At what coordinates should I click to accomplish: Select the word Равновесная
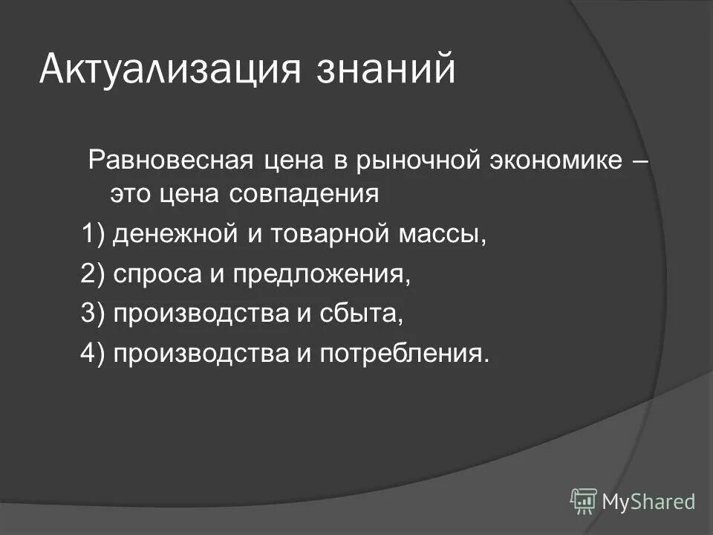172,160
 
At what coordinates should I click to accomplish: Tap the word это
131,195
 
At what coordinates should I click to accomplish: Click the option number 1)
94,235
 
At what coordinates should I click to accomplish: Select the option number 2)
94,274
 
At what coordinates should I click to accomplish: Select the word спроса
157,274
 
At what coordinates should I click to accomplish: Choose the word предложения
321,274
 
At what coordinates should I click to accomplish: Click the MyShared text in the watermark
648,502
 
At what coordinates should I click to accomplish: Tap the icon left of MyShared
584,502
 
